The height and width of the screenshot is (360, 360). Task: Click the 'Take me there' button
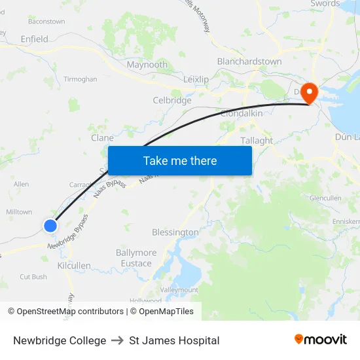pos(180,160)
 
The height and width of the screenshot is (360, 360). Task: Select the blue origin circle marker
pos(50,226)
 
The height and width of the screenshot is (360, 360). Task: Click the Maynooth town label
pos(147,65)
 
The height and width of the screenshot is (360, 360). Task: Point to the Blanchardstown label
pos(249,62)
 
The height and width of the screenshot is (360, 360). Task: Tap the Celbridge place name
pos(172,100)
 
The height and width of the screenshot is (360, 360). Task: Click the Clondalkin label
pos(242,113)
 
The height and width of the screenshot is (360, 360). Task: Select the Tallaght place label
pos(257,141)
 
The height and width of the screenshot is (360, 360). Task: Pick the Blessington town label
pos(175,232)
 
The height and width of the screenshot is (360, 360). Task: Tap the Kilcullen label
pos(74,266)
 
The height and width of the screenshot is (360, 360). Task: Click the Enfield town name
pos(34,39)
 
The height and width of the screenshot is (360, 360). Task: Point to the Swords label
pos(325,4)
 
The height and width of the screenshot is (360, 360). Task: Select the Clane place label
pos(103,138)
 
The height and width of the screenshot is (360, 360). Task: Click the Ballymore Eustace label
pos(136,258)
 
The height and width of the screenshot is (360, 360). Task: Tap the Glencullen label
pos(325,198)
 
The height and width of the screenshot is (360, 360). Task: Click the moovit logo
pos(320,340)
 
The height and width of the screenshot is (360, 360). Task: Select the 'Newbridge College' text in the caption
pos(60,340)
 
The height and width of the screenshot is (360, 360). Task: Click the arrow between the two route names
pos(118,340)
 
